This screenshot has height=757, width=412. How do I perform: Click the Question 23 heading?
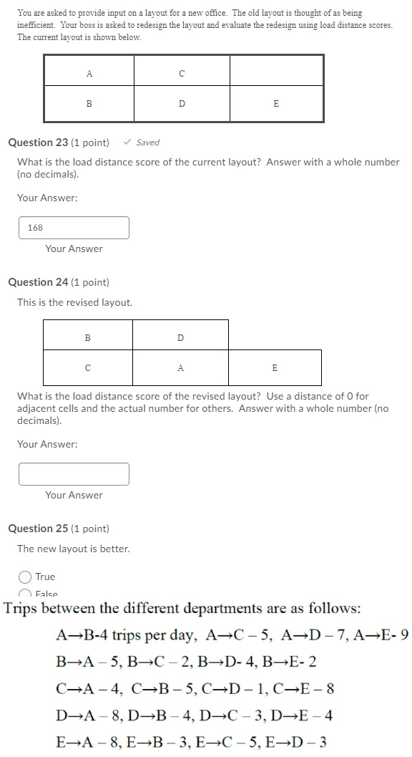coord(59,143)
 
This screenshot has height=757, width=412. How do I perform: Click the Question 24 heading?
coord(59,282)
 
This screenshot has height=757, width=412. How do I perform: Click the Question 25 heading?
coord(59,529)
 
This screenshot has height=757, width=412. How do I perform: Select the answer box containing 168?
coord(74,228)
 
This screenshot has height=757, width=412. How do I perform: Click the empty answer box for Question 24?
coord(74,474)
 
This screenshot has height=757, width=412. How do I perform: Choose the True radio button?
coord(25,577)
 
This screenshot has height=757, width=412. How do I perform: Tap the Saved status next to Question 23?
coord(142,143)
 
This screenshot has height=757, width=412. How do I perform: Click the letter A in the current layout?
coord(89,73)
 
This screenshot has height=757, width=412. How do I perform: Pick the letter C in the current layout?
coord(182,73)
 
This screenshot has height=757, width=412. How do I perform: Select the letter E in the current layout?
coord(276,104)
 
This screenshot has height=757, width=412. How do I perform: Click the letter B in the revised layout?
coord(88,337)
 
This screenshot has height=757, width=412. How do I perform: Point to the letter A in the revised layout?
coord(180,368)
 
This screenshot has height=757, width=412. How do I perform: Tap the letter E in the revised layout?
coord(275,368)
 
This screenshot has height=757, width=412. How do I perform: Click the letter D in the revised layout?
coord(180,337)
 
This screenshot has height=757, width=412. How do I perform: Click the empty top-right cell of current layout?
coord(276,72)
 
